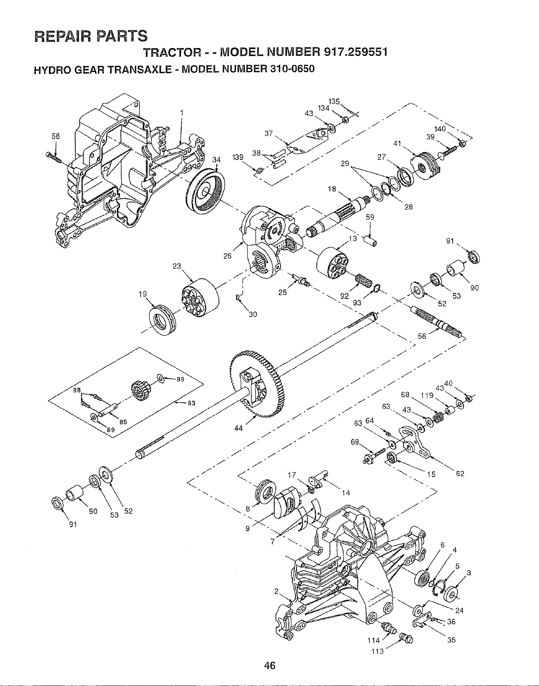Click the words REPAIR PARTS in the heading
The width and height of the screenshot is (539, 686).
pyautogui.click(x=90, y=35)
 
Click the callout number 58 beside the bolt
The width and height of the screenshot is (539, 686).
pyautogui.click(x=56, y=136)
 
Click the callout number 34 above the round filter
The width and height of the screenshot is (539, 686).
pyautogui.click(x=216, y=160)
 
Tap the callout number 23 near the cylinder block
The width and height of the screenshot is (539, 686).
pyautogui.click(x=177, y=266)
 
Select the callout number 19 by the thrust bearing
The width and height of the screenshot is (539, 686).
pyautogui.click(x=143, y=294)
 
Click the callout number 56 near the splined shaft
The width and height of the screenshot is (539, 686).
pyautogui.click(x=422, y=337)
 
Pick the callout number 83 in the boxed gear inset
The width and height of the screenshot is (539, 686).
pyautogui.click(x=191, y=403)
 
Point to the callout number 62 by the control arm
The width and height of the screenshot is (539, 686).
pyautogui.click(x=460, y=474)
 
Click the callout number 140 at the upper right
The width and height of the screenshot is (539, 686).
pyautogui.click(x=440, y=129)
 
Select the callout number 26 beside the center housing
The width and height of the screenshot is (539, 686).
pyautogui.click(x=227, y=256)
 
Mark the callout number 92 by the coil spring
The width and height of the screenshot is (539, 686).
pyautogui.click(x=345, y=296)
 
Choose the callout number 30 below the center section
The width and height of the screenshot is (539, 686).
pyautogui.click(x=253, y=314)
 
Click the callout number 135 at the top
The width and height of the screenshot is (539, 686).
pyautogui.click(x=334, y=102)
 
